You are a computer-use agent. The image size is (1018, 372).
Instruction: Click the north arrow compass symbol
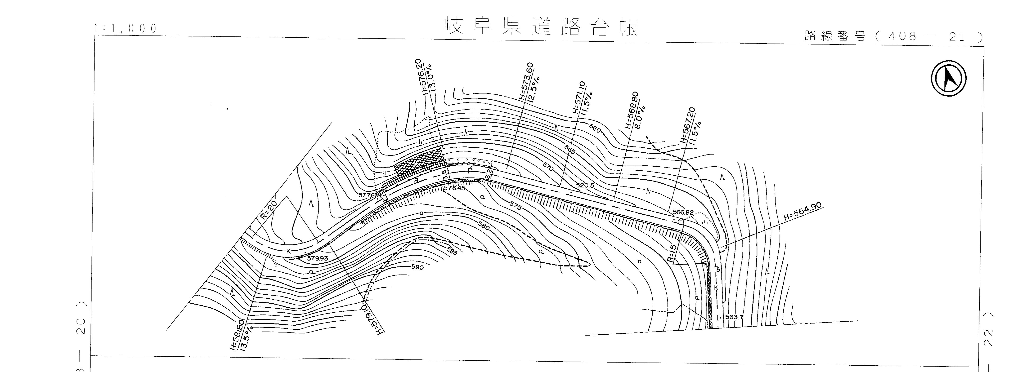(948, 78)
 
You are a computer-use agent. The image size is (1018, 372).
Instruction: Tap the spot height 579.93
(317, 258)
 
